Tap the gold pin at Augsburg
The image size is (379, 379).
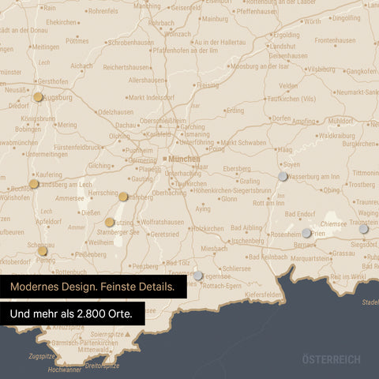(x=38, y=97)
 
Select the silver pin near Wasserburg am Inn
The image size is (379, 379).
(x=283, y=176)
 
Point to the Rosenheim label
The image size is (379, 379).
(x=286, y=235)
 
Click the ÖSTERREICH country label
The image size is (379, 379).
(x=331, y=359)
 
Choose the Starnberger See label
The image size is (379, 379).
(x=118, y=233)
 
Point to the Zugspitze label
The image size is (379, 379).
(x=41, y=356)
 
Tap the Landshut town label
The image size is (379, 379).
(x=282, y=46)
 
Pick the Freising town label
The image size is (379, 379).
(x=207, y=84)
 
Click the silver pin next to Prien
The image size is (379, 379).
(x=306, y=233)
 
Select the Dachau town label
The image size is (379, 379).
(x=126, y=125)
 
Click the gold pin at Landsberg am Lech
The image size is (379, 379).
(x=33, y=184)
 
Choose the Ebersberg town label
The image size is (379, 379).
(x=237, y=169)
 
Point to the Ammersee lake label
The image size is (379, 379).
(x=70, y=198)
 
